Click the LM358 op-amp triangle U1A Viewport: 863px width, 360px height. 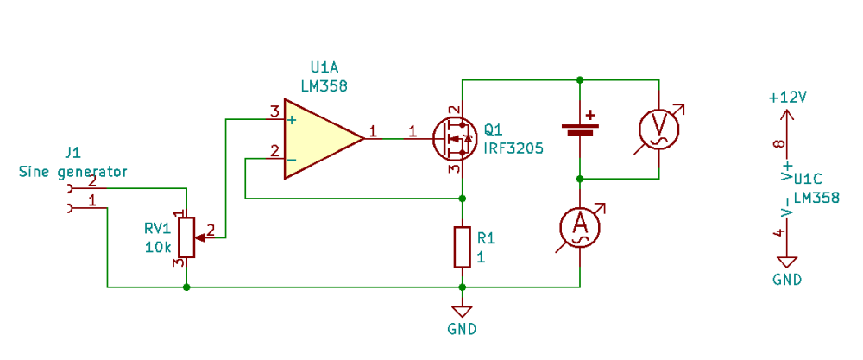point(319,139)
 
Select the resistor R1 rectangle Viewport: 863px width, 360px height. point(463,247)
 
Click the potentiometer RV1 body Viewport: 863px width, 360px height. point(187,237)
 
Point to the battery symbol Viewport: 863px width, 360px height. point(580,129)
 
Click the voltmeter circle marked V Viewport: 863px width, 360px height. point(658,129)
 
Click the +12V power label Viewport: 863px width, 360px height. point(788,98)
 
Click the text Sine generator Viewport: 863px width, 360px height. point(73,172)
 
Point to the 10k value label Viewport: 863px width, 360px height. point(160,247)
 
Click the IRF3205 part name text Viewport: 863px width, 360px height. point(513,148)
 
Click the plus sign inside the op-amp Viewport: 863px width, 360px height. point(293,119)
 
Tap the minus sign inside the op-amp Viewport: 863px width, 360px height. point(293,160)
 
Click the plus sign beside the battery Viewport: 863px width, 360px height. point(590,116)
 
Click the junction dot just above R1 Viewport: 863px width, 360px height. point(463,199)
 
